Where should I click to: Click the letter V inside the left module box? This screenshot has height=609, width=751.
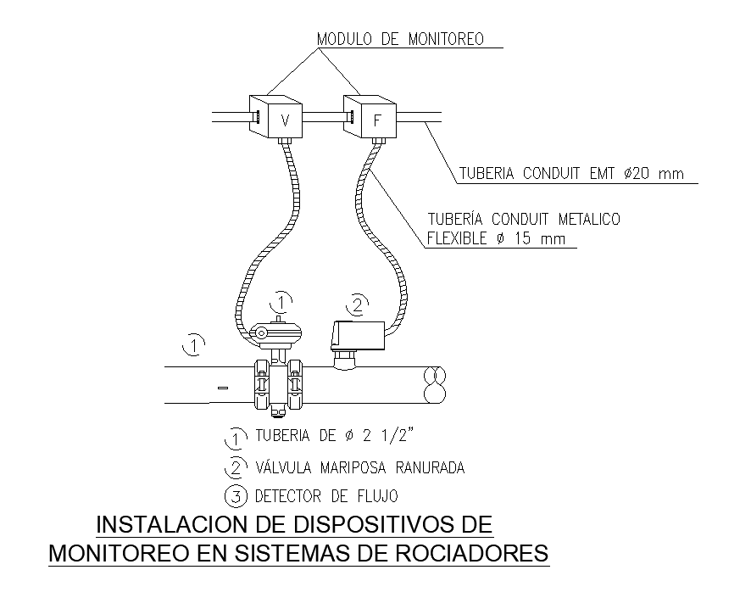coord(286,121)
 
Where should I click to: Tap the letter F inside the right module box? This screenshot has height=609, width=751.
coord(379,121)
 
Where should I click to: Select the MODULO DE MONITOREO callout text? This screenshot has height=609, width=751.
coord(399,39)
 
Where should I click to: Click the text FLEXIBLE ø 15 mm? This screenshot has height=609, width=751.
coord(497,239)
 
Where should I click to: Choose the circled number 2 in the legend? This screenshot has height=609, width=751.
coord(234,467)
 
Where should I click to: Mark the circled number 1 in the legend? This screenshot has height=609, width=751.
coord(233,439)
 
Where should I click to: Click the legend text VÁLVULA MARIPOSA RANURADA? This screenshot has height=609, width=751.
coord(360,467)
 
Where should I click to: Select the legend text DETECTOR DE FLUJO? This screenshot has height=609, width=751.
coord(326,495)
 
